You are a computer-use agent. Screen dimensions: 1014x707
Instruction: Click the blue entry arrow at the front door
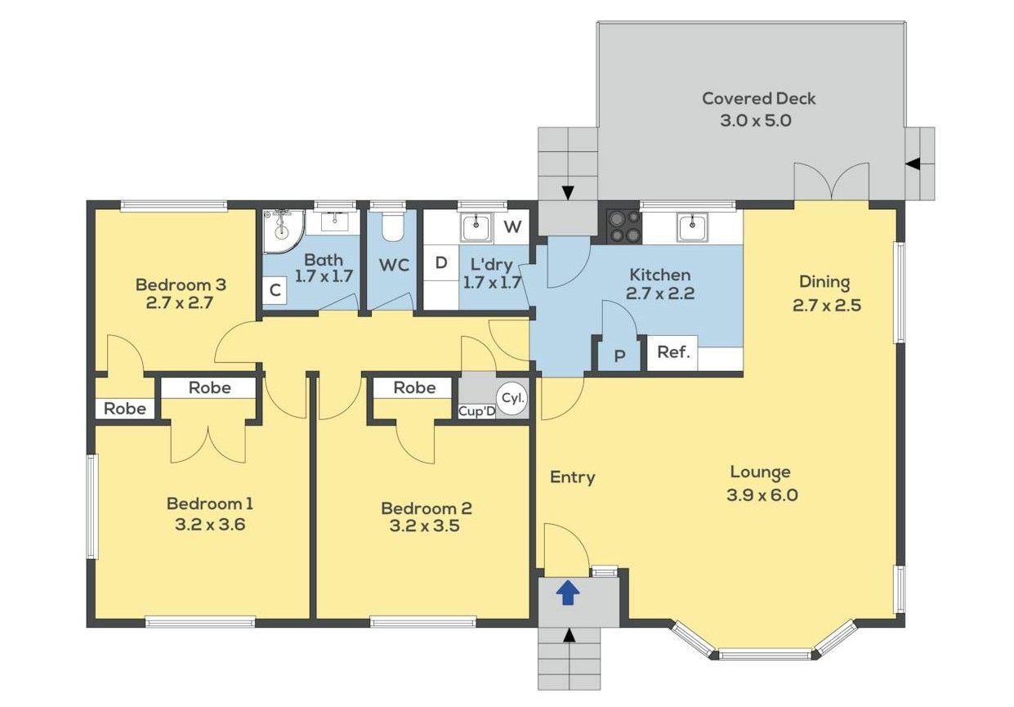point(568,593)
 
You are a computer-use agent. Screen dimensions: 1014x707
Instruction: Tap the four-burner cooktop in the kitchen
point(624,226)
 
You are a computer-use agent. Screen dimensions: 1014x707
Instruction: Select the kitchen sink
point(692,228)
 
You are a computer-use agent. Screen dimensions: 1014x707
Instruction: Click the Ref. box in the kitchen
point(672,353)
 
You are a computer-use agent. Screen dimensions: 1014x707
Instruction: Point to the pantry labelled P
point(619,356)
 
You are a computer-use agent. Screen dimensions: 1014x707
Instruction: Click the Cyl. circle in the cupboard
point(513,399)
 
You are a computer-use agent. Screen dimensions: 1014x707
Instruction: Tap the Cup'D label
point(476,412)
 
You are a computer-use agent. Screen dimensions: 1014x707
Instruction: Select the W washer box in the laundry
point(512,226)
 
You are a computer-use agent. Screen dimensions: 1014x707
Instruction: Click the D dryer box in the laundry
point(441,262)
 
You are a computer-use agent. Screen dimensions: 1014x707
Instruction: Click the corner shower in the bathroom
point(284,230)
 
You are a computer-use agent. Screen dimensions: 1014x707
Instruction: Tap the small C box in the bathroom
point(275,290)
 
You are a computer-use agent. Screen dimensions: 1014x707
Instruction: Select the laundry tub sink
point(476,228)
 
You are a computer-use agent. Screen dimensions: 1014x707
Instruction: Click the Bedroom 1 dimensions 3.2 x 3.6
point(210,525)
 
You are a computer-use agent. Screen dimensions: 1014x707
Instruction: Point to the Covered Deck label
point(759,98)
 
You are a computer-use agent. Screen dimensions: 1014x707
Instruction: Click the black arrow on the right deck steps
point(913,164)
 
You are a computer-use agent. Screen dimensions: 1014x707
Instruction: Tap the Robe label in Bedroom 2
point(414,387)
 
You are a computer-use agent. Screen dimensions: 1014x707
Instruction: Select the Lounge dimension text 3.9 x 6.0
point(762,495)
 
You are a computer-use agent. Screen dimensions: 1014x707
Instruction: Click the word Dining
point(824,282)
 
